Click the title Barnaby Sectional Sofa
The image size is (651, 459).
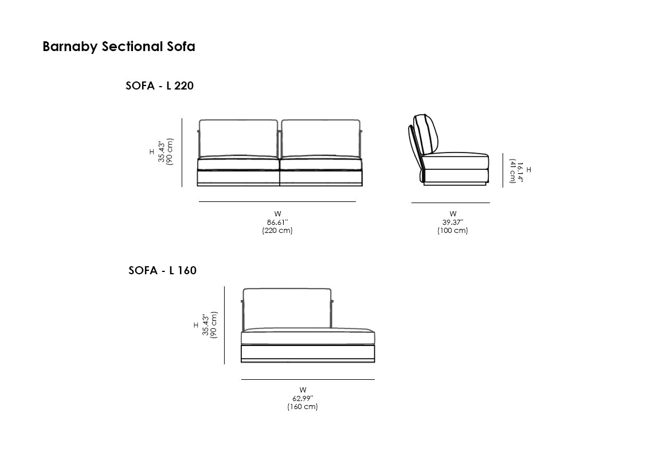click(119, 46)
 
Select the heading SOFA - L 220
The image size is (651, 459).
click(159, 85)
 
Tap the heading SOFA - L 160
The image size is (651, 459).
click(162, 270)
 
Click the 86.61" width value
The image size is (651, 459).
click(277, 223)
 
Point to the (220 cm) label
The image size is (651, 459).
click(277, 230)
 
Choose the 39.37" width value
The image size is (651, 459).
click(453, 223)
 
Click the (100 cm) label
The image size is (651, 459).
click(453, 230)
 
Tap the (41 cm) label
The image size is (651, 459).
click(512, 171)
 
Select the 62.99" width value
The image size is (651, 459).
click(303, 399)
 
